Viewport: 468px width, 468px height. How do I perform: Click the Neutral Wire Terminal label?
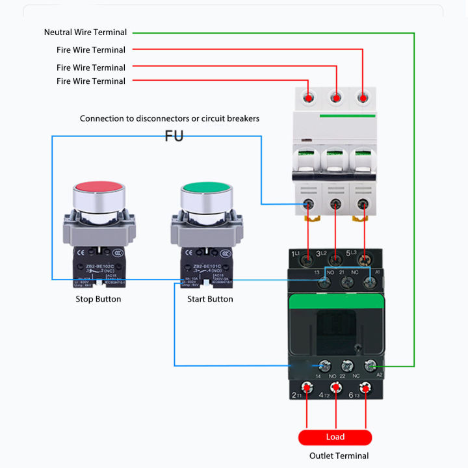pos(85,32)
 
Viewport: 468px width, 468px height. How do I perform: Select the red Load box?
pos(335,437)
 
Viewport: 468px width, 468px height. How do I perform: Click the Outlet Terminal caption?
pos(339,456)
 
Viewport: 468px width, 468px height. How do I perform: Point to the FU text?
pos(174,136)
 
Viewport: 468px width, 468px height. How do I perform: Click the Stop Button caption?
pos(98,299)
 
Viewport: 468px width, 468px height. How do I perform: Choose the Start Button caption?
pos(210,299)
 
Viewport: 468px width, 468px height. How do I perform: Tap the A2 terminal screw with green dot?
pos(370,367)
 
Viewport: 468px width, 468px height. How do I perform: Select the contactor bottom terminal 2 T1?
pos(307,389)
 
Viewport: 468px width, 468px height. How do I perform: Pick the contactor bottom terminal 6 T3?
pos(365,389)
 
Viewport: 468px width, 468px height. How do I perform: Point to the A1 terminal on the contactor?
pos(370,281)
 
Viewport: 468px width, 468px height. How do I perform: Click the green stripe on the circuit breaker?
pos(347,116)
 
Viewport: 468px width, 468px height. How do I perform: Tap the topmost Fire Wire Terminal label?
pos(90,49)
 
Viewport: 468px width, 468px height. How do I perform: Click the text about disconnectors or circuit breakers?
pos(169,118)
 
